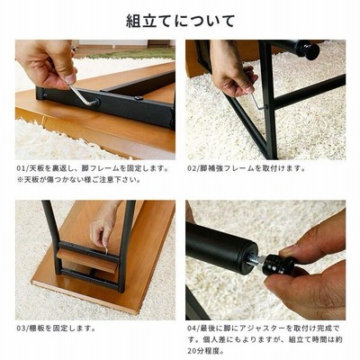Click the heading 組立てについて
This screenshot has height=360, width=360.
[x=180, y=21]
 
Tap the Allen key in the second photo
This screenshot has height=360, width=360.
[x=256, y=101]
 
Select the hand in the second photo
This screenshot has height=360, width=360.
[x=231, y=70]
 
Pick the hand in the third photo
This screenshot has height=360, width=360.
[x=103, y=222]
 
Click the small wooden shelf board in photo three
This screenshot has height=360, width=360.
[x=86, y=260]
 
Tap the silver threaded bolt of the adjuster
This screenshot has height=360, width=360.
[x=255, y=260]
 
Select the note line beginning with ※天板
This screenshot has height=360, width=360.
[x=78, y=180]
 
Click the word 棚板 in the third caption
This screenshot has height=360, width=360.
[x=37, y=328]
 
